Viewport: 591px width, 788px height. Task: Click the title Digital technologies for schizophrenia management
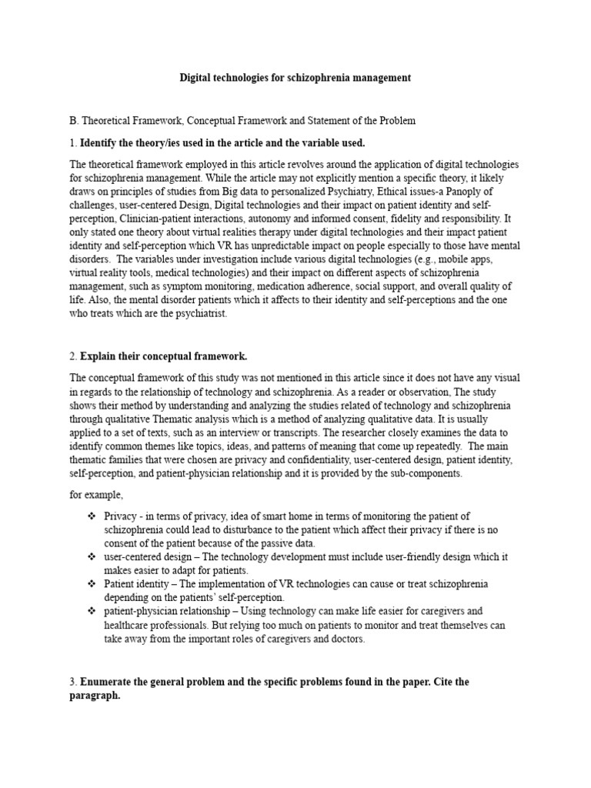coord(295,78)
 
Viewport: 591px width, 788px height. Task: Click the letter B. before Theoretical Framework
coord(74,121)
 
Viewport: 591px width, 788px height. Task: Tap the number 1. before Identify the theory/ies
coord(73,143)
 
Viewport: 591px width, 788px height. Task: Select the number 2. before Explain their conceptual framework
coord(74,356)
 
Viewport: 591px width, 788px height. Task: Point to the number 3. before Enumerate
coord(74,682)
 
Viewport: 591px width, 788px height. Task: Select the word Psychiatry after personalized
coord(344,191)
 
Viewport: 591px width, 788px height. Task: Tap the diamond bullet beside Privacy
coord(92,516)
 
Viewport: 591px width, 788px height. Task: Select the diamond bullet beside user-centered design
coord(92,556)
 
